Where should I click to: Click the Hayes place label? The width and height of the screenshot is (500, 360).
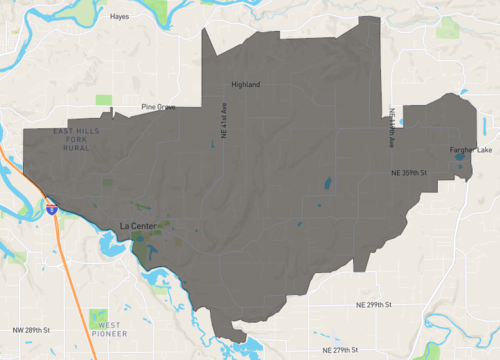120,17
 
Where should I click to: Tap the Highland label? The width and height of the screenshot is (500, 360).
245,85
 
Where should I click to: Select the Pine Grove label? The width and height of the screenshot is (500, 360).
159,106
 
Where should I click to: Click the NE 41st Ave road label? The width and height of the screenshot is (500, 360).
223,119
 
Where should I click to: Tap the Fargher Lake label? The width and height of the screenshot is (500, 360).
471,150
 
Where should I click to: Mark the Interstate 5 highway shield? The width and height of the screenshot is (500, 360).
50,210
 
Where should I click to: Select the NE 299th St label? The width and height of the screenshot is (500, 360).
377,304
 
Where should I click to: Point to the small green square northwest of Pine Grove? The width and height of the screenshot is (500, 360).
104,99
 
